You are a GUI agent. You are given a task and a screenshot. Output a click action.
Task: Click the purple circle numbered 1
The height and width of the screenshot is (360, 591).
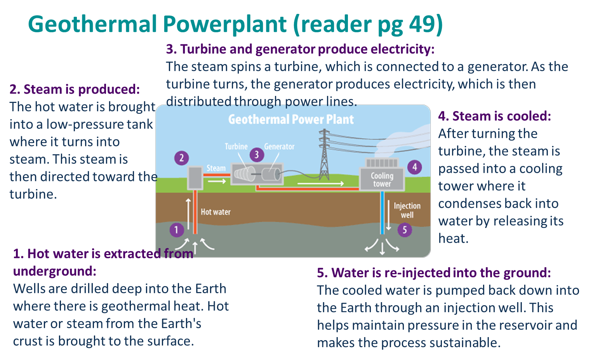(177, 230)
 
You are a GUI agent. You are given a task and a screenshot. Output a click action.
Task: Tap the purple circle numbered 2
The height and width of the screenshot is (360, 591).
(181, 158)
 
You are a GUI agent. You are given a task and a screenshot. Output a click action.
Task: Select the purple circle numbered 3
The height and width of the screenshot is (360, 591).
(257, 155)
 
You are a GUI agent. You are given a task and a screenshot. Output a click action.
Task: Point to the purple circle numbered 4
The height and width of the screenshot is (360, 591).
(415, 167)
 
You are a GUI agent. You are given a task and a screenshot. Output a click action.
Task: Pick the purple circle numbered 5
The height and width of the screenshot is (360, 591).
(405, 230)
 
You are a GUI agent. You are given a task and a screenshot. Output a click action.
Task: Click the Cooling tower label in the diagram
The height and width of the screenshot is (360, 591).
(382, 180)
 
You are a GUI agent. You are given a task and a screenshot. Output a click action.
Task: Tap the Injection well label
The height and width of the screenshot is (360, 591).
(407, 210)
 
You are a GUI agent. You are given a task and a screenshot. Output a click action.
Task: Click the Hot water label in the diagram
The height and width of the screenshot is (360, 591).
(216, 212)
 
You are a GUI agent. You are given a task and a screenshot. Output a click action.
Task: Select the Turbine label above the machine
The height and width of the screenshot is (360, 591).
(236, 146)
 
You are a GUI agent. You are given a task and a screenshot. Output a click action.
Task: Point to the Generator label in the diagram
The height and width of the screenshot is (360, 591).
(279, 146)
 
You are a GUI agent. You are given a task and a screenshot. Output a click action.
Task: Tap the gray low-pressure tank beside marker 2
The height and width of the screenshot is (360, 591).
(195, 178)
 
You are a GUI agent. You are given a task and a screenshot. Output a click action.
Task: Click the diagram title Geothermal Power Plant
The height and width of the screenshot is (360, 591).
(291, 119)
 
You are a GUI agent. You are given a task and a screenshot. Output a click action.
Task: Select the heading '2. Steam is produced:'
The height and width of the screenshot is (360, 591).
(75, 89)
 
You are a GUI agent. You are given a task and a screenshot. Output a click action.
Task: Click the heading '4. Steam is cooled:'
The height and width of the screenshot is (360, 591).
(494, 116)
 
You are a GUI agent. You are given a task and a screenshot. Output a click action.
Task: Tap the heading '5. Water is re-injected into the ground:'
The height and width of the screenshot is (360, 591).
(434, 273)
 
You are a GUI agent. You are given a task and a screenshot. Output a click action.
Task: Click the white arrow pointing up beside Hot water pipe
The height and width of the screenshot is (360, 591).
(188, 214)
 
